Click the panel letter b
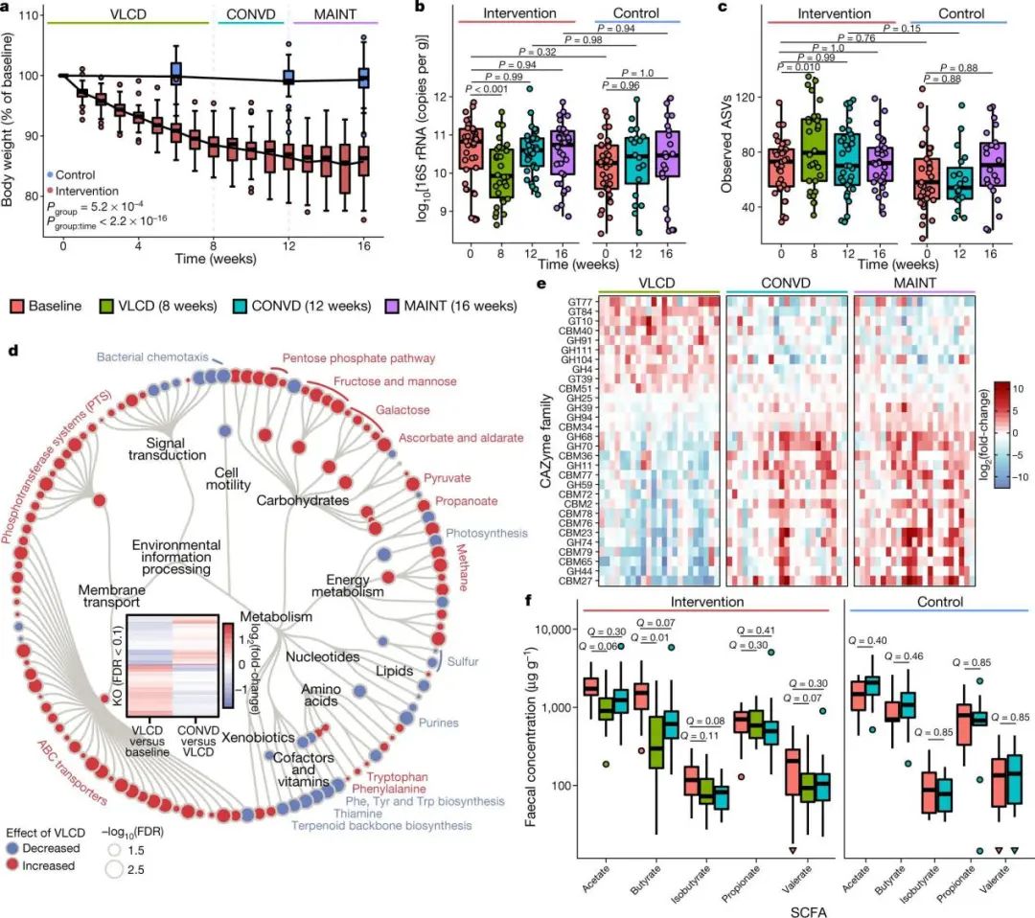420,9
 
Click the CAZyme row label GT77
577,300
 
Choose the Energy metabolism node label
348,587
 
